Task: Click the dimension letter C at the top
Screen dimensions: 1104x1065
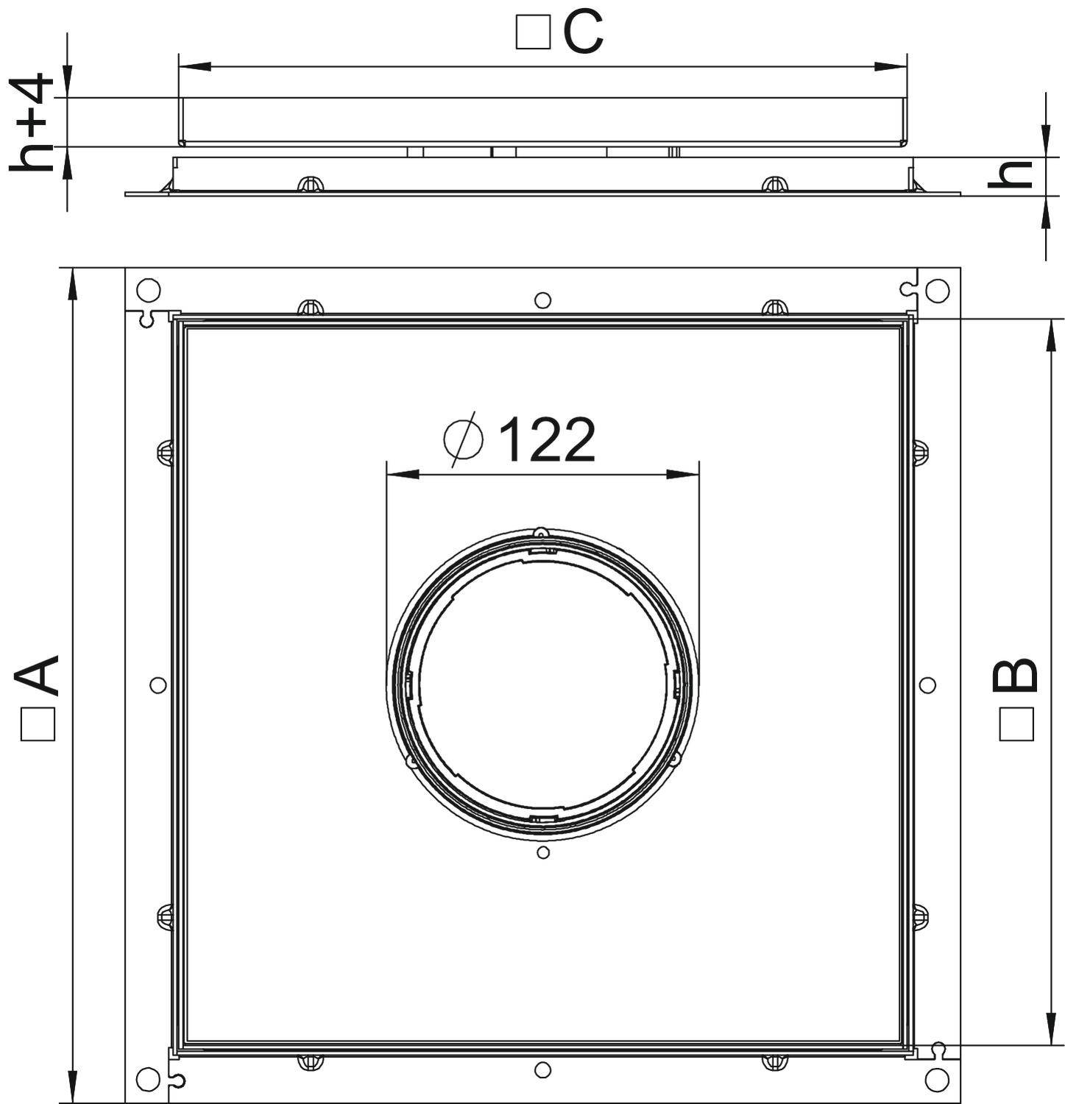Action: (583, 33)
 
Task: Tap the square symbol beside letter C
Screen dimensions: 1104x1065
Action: (533, 34)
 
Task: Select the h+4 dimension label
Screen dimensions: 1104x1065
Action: (32, 122)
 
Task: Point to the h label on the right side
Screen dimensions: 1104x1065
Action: (1010, 174)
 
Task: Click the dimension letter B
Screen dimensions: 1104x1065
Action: (1016, 675)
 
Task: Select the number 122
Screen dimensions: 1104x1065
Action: (547, 440)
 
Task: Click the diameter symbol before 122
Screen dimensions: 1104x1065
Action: (464, 439)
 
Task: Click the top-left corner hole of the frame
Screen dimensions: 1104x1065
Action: (148, 290)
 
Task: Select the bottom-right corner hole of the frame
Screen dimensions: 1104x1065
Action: (937, 1080)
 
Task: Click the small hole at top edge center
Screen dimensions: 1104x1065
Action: (542, 300)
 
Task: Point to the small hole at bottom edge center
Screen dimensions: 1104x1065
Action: (542, 1070)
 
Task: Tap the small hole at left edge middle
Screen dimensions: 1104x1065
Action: (158, 685)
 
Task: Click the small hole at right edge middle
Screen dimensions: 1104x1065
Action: (927, 685)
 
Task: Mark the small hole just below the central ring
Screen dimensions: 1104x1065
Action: (543, 852)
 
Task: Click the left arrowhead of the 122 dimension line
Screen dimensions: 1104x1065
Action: (402, 475)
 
